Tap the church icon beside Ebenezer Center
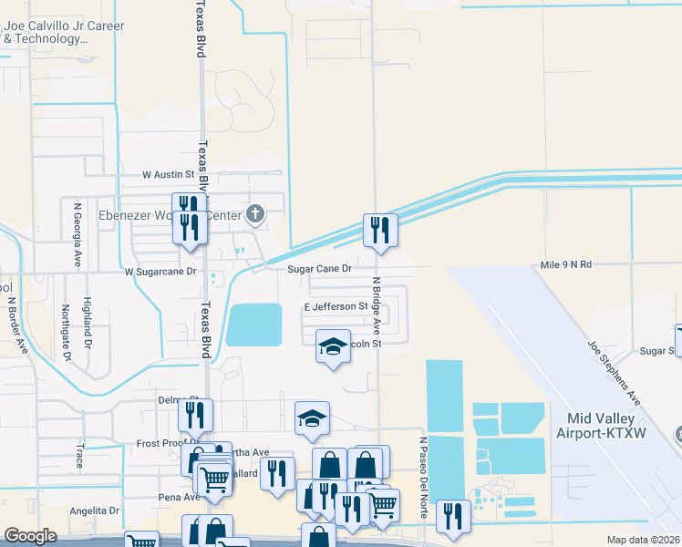[256, 215]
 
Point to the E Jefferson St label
[335, 307]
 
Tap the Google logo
[30, 535]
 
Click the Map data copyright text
[644, 540]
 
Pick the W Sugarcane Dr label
[160, 272]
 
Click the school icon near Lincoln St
[333, 346]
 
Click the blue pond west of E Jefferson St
[253, 325]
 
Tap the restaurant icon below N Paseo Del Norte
[453, 515]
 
